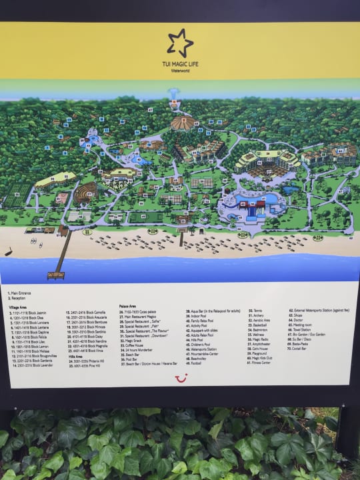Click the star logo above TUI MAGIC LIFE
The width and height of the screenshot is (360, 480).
point(180,42)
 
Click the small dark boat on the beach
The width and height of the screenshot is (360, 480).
point(9,253)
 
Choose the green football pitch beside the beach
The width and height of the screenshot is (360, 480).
point(145,217)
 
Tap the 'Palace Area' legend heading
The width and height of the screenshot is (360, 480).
point(128,305)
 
